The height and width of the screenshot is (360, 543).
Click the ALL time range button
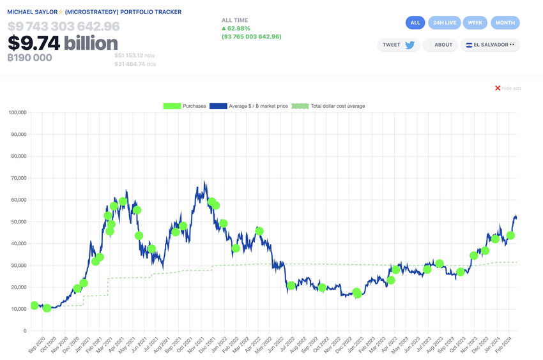click(x=415, y=23)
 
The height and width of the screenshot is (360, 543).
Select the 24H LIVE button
click(x=445, y=23)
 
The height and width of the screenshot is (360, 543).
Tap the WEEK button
click(x=475, y=23)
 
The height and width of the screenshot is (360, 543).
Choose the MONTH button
click(x=505, y=23)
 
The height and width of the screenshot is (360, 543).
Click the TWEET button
click(x=399, y=45)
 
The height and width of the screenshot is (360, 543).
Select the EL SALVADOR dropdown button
click(x=490, y=45)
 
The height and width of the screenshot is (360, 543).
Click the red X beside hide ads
click(x=498, y=88)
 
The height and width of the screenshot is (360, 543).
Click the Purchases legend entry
click(x=185, y=106)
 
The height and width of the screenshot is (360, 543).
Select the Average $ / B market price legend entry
click(x=249, y=106)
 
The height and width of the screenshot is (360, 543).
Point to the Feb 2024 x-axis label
click(x=510, y=345)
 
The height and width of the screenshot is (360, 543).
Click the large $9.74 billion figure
click(x=63, y=43)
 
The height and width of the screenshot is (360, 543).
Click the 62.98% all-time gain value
click(x=240, y=28)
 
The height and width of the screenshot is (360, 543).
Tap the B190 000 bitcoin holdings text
click(x=29, y=58)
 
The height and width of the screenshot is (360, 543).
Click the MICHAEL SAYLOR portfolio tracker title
click(x=94, y=12)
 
